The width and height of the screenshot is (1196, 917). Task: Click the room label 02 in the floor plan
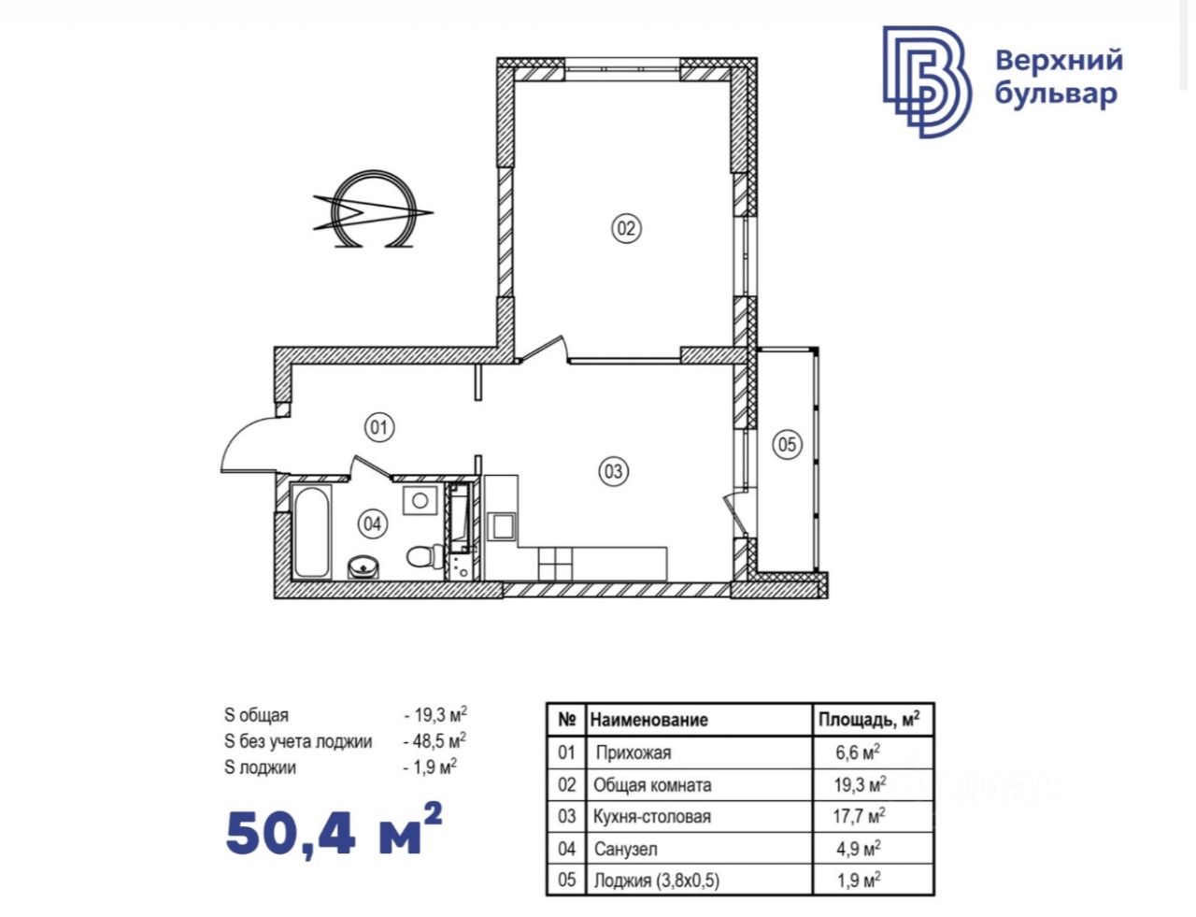(x=626, y=228)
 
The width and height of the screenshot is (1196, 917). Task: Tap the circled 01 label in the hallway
(x=379, y=427)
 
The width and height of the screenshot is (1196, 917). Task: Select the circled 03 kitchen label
(x=614, y=471)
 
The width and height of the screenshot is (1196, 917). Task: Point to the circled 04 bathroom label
(x=373, y=523)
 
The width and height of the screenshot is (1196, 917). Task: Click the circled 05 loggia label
(x=787, y=444)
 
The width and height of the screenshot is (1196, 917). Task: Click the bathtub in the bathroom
(x=311, y=531)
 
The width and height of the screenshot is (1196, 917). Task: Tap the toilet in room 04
(x=425, y=556)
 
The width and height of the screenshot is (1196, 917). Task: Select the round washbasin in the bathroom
(x=363, y=567)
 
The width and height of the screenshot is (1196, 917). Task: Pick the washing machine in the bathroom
(x=420, y=500)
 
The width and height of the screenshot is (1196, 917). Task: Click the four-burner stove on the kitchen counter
(x=555, y=564)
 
